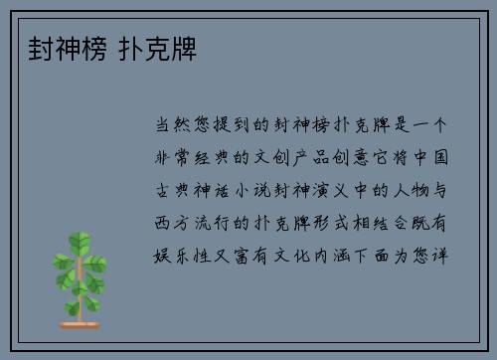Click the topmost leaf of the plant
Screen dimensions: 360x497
click(80, 240)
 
